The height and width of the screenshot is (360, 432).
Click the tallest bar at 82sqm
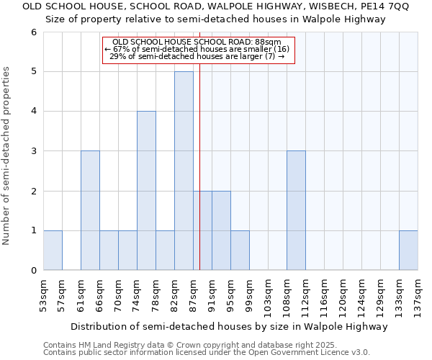point(184,171)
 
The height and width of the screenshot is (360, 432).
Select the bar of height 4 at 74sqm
point(146,191)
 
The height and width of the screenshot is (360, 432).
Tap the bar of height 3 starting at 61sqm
point(90,210)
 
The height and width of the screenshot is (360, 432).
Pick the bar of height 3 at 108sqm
point(296,210)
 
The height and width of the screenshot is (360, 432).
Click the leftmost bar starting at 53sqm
point(53,250)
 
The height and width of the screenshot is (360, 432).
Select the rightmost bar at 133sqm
point(408,250)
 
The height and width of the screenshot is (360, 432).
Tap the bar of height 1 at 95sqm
point(240,250)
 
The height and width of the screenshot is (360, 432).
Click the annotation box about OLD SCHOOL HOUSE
point(199,50)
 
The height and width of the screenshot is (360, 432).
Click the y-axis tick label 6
point(33,32)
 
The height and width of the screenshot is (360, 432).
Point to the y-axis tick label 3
point(33,151)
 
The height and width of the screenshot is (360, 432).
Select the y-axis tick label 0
point(33,270)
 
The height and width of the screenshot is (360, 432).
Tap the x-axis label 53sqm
point(44,296)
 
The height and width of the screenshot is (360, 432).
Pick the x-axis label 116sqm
point(325,298)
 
